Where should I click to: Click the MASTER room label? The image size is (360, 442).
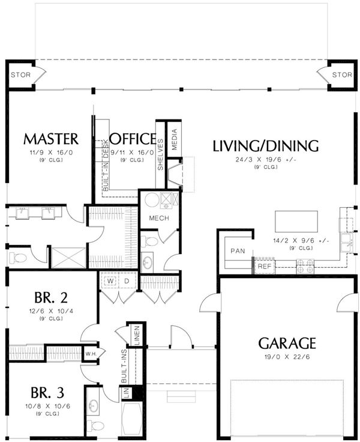[51, 139]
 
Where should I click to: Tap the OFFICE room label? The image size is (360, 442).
[133, 138]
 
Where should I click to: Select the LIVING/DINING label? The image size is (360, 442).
[265, 146]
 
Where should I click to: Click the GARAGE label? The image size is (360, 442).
[287, 343]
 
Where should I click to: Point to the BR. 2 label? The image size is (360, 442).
[51, 297]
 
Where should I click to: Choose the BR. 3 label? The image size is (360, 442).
[47, 393]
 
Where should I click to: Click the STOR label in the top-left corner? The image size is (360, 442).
[20, 75]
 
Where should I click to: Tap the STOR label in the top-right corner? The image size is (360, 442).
[342, 74]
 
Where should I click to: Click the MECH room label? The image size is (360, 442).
[159, 218]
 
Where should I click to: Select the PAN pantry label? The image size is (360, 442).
[238, 251]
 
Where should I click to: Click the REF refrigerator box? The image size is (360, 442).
[265, 266]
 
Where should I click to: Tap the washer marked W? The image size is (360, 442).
[110, 281]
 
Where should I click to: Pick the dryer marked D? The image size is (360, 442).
[127, 281]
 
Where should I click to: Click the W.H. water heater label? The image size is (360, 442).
[91, 354]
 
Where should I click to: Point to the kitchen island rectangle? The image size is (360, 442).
[296, 221]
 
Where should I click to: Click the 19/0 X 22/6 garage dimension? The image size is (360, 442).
[287, 357]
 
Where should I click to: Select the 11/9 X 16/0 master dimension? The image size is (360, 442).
[51, 153]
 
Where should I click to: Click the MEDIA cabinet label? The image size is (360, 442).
[175, 139]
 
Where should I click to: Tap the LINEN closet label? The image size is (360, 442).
[137, 336]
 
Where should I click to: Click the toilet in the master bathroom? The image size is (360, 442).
[17, 258]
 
